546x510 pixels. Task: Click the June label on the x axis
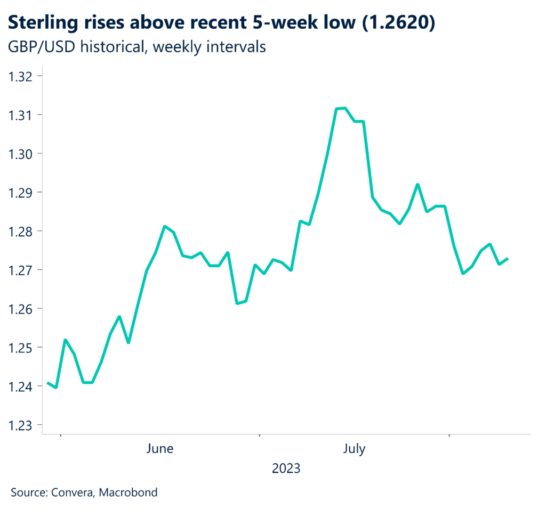pyautogui.click(x=159, y=449)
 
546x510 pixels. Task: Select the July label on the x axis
pyautogui.click(x=354, y=449)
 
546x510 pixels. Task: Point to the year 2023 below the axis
pyautogui.click(x=286, y=468)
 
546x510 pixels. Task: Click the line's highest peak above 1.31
pyautogui.click(x=344, y=108)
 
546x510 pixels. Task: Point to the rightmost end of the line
pyautogui.click(x=508, y=259)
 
